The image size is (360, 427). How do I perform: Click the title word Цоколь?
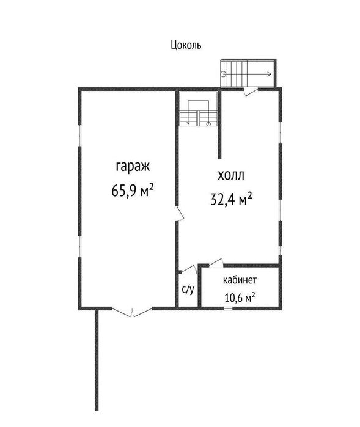coord(186,45)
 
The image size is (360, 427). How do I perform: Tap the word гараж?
coord(133,167)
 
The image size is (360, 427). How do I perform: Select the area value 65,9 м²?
coord(133,190)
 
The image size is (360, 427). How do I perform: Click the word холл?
coord(231,175)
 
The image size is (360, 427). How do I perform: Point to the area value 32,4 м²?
coord(231,199)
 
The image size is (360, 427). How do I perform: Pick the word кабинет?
coord(240,280)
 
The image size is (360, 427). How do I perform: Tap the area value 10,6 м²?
coord(240,297)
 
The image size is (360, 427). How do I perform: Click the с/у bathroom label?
coord(188,290)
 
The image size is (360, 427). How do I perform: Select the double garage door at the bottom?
coord(132,312)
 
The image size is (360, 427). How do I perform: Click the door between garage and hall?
coord(180,213)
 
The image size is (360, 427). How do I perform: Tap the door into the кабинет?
coord(216,263)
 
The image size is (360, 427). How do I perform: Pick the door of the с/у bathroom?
coord(189,269)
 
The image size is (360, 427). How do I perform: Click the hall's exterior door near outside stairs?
coord(251,90)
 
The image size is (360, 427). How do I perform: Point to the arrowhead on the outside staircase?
coord(270,74)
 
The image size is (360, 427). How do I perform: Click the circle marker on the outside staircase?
coord(223,74)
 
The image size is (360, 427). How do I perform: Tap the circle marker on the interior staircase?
coord(208,124)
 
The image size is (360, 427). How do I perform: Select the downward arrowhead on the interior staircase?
coord(188,123)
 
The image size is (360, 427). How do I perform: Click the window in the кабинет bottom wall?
coord(228,308)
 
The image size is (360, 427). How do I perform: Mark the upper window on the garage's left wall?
coord(80,136)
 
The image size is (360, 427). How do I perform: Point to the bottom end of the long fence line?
coord(97,410)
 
